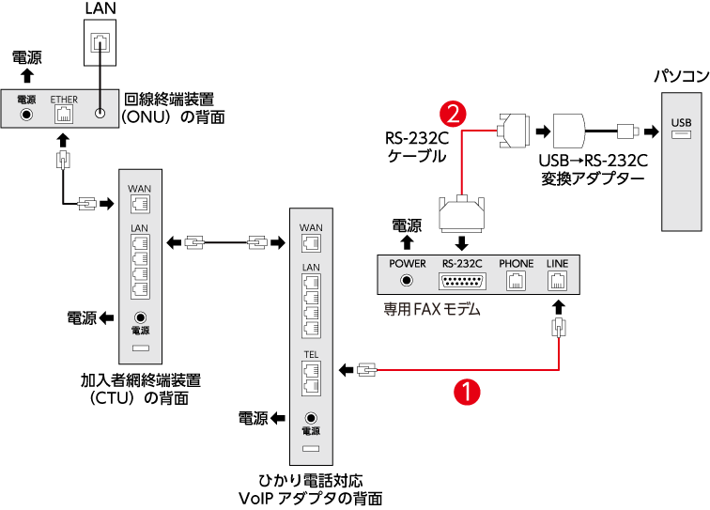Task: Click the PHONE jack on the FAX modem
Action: point(516,281)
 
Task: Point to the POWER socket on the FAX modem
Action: point(408,280)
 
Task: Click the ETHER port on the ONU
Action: point(64,115)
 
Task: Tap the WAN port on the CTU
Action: point(140,202)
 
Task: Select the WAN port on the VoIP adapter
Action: point(311,242)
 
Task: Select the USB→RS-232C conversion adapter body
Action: point(569,130)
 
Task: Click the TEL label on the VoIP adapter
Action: point(311,355)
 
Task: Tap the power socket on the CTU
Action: point(140,318)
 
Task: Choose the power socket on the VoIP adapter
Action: point(311,418)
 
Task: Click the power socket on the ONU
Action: point(25,115)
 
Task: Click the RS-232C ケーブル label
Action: point(415,147)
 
